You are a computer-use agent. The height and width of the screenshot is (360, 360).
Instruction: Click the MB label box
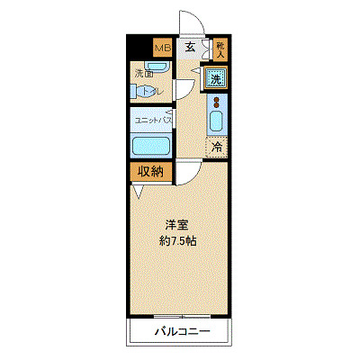(161, 48)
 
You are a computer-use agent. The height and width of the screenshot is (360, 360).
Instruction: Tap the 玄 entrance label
(191, 48)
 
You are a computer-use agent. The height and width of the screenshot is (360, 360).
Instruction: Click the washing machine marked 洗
(216, 78)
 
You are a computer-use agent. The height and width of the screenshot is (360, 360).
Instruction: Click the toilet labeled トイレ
(149, 91)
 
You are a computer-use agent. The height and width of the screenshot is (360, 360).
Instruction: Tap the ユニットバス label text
(153, 119)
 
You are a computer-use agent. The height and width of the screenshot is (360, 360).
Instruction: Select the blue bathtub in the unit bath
(151, 145)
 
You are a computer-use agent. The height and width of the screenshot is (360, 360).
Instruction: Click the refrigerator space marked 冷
(216, 146)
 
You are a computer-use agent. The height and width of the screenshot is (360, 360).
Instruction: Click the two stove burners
(216, 102)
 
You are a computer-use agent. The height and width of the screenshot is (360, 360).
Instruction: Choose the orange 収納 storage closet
(150, 171)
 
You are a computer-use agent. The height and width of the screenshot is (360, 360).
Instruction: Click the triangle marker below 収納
(137, 191)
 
